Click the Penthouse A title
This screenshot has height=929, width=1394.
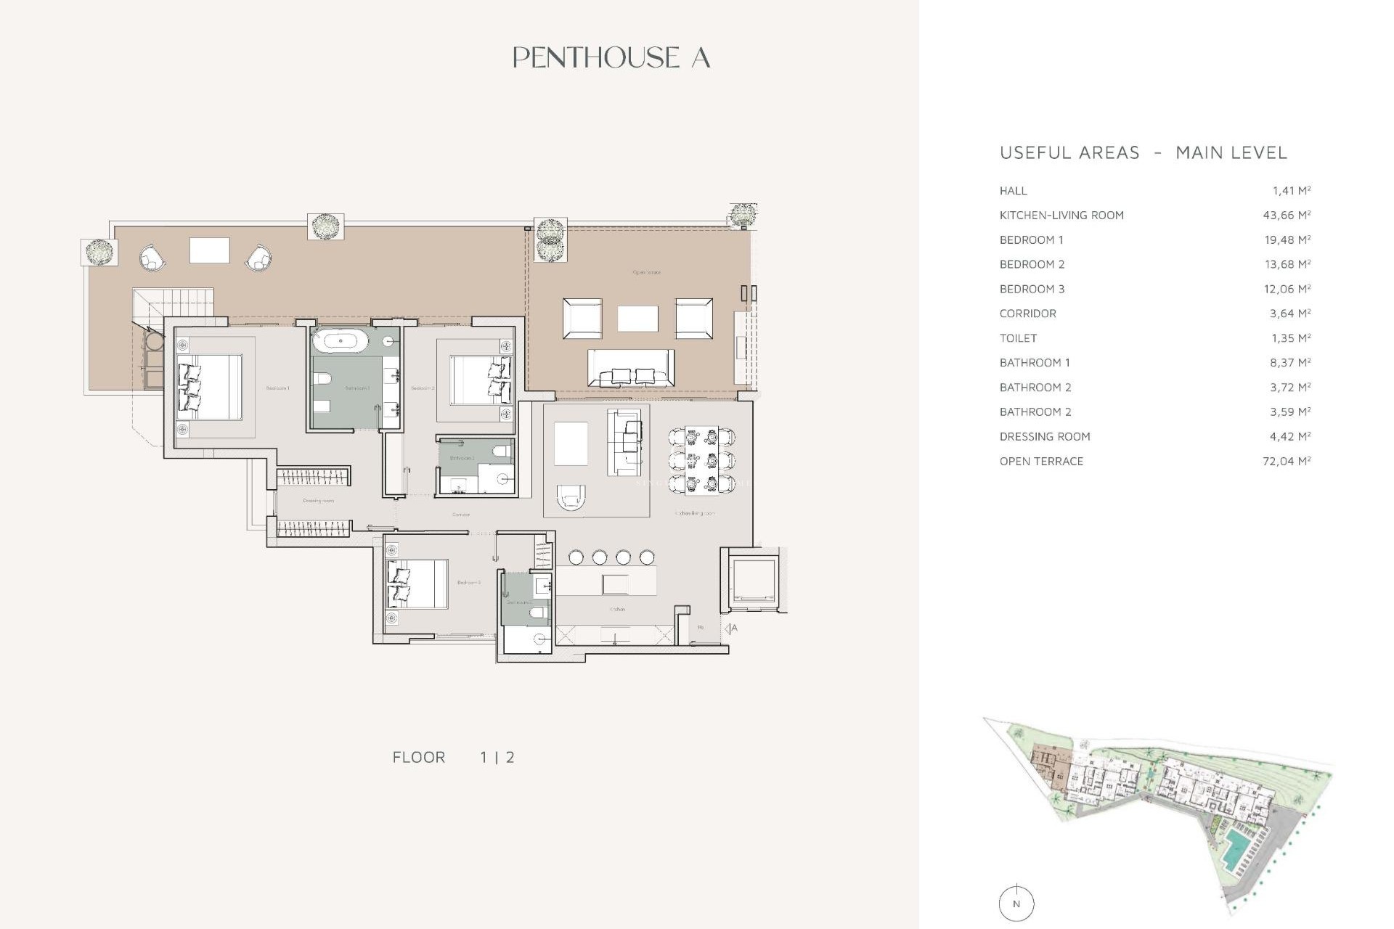click(611, 58)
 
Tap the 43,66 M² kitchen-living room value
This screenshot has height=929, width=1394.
click(1287, 215)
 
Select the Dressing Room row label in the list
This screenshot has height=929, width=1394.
click(1044, 436)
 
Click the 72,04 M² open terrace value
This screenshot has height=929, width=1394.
click(1287, 461)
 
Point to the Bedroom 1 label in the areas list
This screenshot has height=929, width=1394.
click(1031, 240)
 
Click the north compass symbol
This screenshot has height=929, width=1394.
click(1016, 904)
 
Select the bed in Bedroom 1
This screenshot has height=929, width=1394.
click(211, 387)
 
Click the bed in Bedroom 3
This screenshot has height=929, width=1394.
click(417, 584)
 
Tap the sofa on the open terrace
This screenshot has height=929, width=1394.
click(630, 367)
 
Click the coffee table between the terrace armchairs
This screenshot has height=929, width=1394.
click(637, 318)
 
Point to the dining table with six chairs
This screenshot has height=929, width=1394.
click(701, 460)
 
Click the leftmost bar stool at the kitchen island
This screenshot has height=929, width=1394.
click(576, 557)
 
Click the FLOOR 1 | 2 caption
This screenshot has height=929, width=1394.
click(453, 757)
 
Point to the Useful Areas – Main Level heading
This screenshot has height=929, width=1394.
click(1143, 152)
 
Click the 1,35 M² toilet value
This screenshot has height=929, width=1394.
click(1289, 338)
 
